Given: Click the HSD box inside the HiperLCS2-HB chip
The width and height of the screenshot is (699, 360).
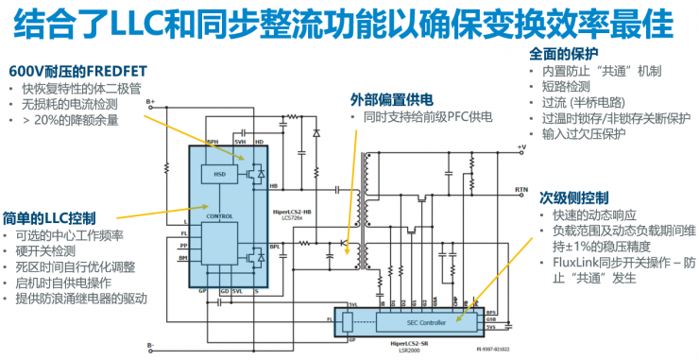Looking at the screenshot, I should point(219,174).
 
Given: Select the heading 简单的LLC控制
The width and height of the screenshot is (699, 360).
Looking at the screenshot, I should point(50,217).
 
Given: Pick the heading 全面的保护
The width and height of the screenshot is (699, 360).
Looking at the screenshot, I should point(564,53).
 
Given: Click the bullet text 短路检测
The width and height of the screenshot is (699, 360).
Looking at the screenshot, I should point(564,87).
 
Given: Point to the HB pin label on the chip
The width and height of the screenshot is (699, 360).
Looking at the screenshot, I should point(274,185).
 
